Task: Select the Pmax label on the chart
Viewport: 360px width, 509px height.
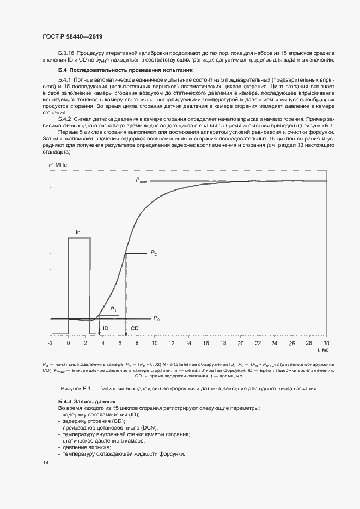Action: (x=142, y=180)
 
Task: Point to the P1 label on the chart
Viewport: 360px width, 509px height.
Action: (x=114, y=309)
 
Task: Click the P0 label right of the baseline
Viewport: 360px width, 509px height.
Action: (x=156, y=318)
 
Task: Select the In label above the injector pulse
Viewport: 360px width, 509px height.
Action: (x=78, y=232)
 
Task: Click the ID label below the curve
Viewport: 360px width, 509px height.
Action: (x=106, y=328)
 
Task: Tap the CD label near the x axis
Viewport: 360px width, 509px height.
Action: (x=135, y=328)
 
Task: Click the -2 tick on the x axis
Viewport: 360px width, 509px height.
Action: (x=50, y=344)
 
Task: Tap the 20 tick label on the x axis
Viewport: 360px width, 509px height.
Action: (x=240, y=344)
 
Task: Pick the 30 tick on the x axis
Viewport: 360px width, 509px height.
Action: (x=326, y=344)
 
